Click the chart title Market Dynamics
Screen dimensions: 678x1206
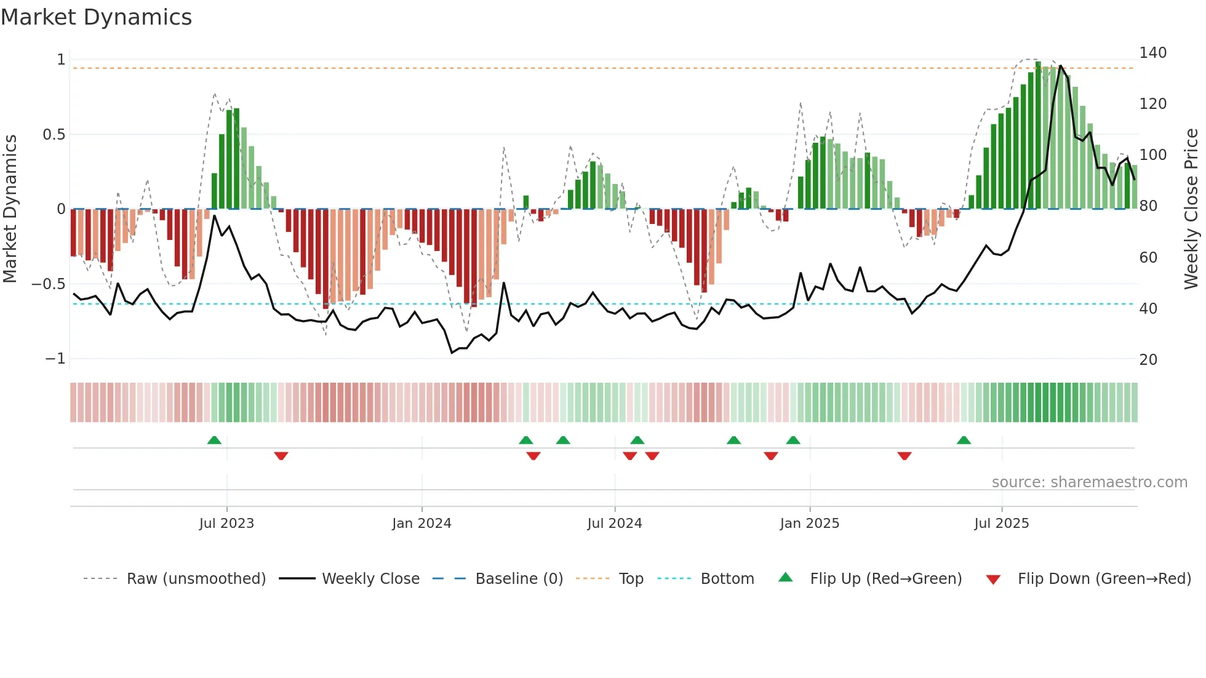[x=97, y=17]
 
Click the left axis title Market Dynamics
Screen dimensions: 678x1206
[x=10, y=209]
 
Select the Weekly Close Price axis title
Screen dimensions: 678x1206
[x=1191, y=209]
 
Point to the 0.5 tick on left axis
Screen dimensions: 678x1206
[x=54, y=135]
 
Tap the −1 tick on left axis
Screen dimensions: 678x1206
[x=55, y=359]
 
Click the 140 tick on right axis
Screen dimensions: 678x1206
[x=1152, y=53]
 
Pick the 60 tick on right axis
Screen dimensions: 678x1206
[x=1148, y=258]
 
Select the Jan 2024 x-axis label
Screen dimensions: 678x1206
[x=421, y=524]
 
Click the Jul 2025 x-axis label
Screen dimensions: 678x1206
[x=1001, y=524]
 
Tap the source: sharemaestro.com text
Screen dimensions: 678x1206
[x=1089, y=482]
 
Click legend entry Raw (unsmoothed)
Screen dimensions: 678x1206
[x=196, y=579]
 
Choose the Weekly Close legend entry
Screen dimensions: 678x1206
[x=370, y=579]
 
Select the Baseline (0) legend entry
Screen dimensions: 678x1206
[x=519, y=579]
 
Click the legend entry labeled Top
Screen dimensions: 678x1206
[x=631, y=579]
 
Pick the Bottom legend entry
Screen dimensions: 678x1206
[x=727, y=579]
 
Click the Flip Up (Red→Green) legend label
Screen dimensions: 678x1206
[x=885, y=579]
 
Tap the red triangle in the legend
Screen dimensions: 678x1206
[x=993, y=580]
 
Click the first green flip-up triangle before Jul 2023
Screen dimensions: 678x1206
[x=214, y=441]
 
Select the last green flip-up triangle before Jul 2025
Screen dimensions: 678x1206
[x=964, y=441]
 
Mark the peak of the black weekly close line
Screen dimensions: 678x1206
[x=1060, y=66]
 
